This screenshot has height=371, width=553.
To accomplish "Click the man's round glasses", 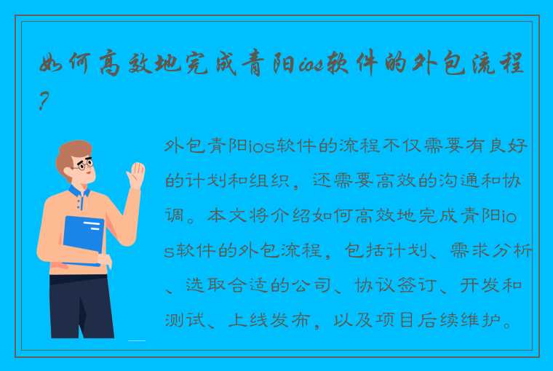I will click(x=84, y=166).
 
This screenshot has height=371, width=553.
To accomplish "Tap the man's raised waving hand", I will click(x=135, y=176).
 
